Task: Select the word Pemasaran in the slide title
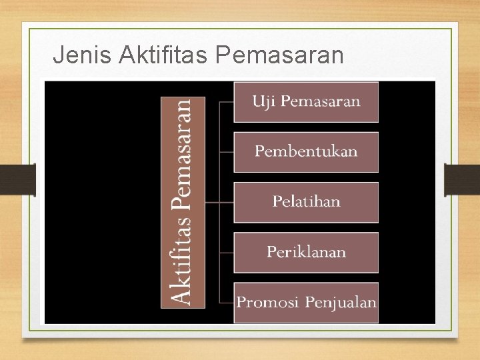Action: (280, 55)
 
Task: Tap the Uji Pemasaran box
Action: (306, 102)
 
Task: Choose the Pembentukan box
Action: (306, 152)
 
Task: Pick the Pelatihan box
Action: (306, 202)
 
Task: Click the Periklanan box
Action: (306, 252)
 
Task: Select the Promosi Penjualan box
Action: (306, 303)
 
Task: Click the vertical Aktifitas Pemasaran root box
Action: (183, 203)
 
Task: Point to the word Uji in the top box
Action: (261, 101)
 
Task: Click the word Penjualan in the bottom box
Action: (341, 303)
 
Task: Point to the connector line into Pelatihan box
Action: (220, 202)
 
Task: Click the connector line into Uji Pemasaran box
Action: (226, 103)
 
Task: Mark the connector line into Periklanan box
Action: (226, 253)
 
